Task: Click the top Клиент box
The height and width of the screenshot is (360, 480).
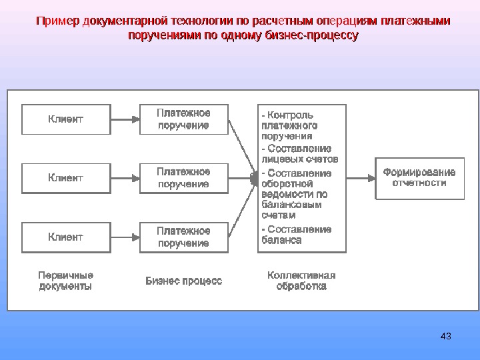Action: [65, 119]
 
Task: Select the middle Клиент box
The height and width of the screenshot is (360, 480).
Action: [65, 178]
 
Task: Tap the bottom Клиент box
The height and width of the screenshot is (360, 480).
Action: [65, 237]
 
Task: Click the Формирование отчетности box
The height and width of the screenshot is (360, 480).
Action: [419, 178]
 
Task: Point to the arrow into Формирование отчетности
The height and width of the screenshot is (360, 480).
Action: [361, 178]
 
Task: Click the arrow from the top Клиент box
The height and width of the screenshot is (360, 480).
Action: [125, 119]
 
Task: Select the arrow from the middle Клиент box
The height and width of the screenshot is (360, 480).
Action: [125, 178]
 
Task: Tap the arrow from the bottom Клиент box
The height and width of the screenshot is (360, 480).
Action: [125, 237]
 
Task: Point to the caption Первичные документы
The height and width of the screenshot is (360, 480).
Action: [65, 281]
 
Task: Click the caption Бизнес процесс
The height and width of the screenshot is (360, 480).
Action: [184, 281]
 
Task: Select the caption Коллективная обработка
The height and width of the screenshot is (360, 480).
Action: [301, 281]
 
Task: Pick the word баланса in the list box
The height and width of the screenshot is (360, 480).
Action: [282, 240]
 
